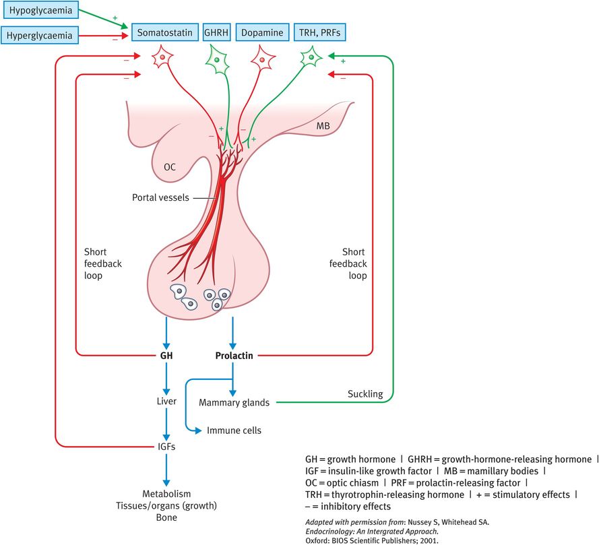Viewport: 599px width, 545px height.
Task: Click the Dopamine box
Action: [x=262, y=32]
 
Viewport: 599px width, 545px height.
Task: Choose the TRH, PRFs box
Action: [x=321, y=32]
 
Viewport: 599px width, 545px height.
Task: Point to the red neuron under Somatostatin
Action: [x=162, y=59]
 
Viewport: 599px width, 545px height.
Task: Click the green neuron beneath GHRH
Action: [x=216, y=60]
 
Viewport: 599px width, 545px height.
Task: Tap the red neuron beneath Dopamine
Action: [x=262, y=59]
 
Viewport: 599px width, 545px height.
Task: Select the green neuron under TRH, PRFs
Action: [x=311, y=58]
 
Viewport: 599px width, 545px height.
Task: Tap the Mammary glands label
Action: [x=234, y=403]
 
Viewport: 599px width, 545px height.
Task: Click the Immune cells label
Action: [x=234, y=430]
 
